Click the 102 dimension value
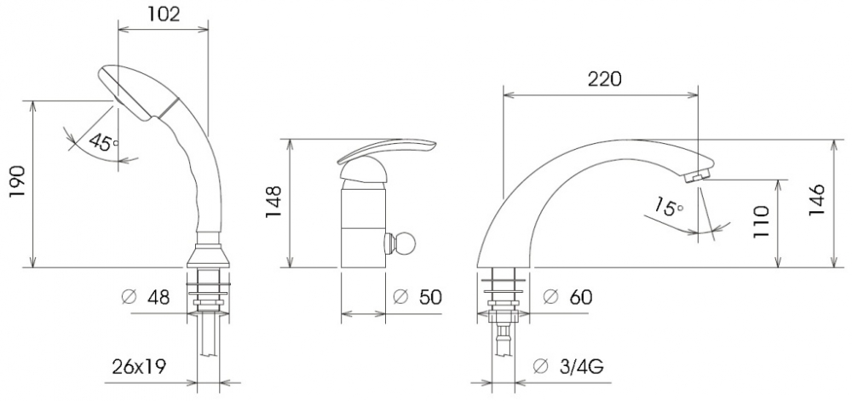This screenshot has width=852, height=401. point(164,14)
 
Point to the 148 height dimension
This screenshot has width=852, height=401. point(273,202)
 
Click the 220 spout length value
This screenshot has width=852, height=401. point(604,79)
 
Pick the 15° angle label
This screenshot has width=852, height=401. point(668,206)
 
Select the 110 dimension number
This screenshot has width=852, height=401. point(761,222)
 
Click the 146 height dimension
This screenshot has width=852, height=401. point(816,200)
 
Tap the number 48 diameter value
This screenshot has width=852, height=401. point(158,297)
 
